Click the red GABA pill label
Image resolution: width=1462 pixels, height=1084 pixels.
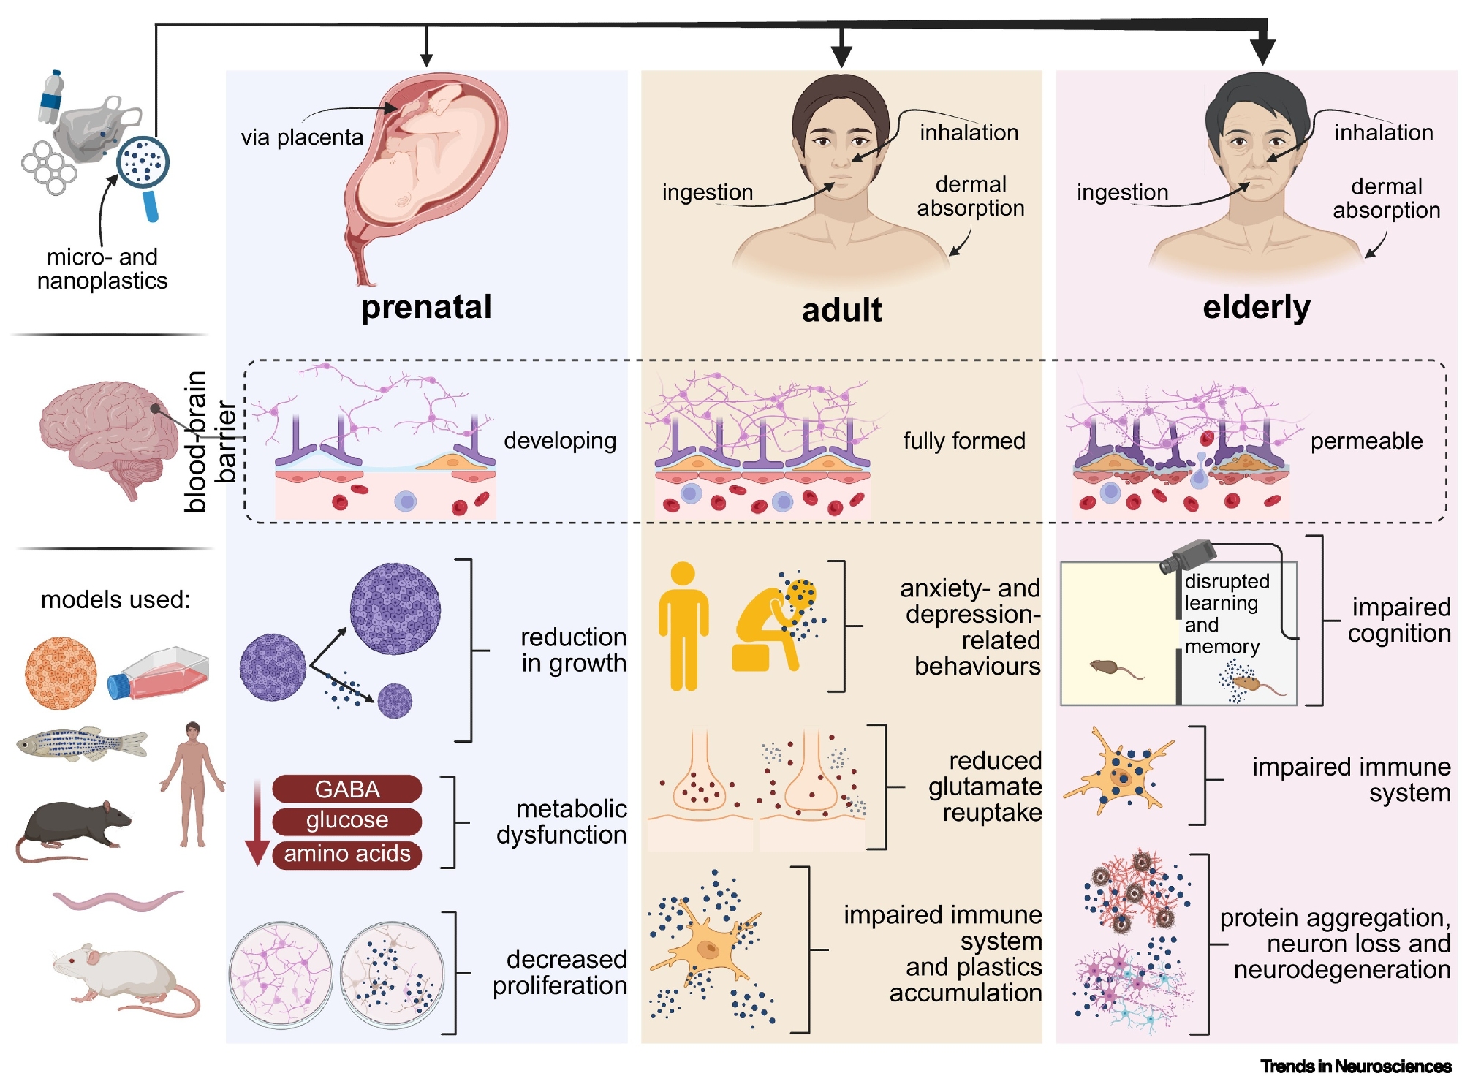click(346, 789)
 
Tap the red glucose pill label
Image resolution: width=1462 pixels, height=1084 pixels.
click(346, 821)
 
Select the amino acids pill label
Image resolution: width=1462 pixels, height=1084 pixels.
click(346, 854)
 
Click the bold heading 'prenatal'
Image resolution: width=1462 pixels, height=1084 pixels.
click(426, 307)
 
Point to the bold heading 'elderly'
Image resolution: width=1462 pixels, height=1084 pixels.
click(1256, 307)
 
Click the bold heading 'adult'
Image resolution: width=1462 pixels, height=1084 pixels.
click(841, 310)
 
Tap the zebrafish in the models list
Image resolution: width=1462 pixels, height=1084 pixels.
click(80, 744)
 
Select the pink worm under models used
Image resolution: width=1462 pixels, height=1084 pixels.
click(117, 901)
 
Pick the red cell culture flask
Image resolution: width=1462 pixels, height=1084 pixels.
click(159, 673)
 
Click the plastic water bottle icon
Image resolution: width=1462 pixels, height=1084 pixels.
click(51, 97)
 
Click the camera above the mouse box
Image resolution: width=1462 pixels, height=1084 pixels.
click(1187, 556)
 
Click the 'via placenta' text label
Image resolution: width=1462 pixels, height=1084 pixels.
click(302, 137)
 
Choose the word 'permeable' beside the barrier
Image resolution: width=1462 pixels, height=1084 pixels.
click(1366, 441)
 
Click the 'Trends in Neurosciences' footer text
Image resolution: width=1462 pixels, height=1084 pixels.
click(1355, 1066)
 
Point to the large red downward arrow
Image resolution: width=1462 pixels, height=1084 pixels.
click(257, 822)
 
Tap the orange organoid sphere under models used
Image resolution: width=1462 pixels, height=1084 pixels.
click(61, 673)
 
